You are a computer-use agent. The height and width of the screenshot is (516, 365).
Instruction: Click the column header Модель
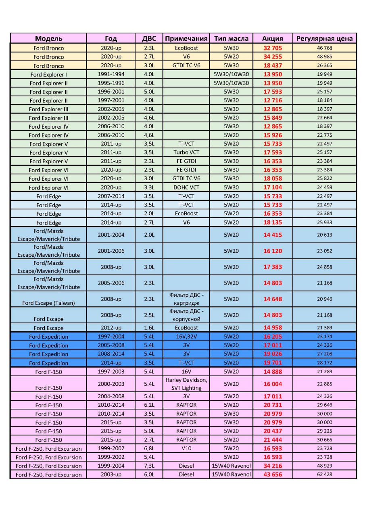coord(48,38)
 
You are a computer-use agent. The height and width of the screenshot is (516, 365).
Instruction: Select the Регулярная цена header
coord(324,38)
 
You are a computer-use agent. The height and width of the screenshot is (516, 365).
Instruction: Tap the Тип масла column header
coord(231,38)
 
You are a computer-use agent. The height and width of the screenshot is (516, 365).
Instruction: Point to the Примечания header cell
coord(186,38)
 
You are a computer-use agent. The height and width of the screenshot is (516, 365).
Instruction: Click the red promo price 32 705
coord(273,48)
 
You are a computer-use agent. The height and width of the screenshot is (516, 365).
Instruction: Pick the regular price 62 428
coord(324,474)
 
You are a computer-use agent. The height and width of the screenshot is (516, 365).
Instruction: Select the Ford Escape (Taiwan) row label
coord(48,303)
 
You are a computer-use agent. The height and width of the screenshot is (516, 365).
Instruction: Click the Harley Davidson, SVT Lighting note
coord(186,384)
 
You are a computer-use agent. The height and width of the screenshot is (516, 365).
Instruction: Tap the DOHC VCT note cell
coord(186,187)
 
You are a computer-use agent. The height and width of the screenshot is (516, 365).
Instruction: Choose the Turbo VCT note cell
coord(186,152)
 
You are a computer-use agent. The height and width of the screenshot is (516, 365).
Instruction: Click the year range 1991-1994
coord(111,74)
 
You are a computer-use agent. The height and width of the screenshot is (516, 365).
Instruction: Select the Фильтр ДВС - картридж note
coord(186,299)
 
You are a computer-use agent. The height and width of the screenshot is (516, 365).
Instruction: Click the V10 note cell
coord(186,448)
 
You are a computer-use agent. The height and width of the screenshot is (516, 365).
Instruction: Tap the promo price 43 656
coord(273,474)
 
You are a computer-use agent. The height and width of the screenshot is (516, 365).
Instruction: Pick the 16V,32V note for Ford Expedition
coord(186,336)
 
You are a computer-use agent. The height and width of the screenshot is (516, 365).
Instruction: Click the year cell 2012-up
coord(111,328)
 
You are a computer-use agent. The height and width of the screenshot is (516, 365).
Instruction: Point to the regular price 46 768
coord(324,48)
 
